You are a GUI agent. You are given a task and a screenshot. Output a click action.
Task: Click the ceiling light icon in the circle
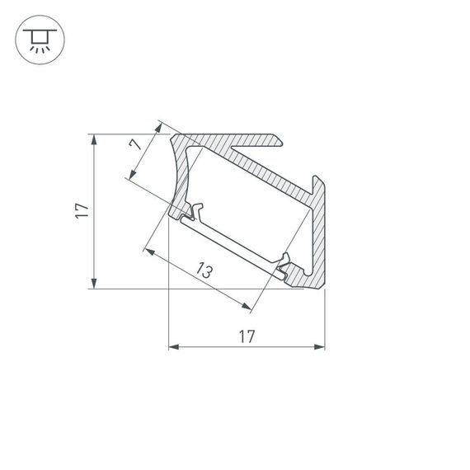point(37,38)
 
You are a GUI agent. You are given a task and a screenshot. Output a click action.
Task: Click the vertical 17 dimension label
point(81,211)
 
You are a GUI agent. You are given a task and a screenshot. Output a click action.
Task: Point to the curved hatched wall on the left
point(181,173)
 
